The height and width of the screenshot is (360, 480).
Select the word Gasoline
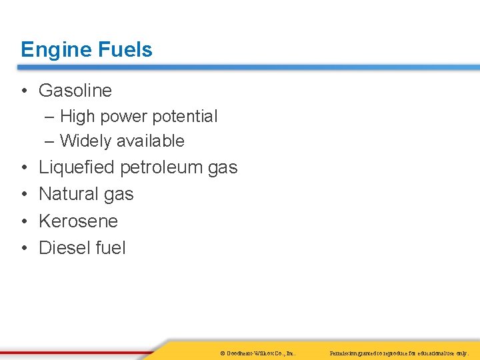point(75,90)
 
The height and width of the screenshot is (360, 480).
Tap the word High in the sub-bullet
point(77,117)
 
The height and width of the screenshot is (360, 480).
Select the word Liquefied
point(77,167)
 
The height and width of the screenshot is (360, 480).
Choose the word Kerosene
point(78,221)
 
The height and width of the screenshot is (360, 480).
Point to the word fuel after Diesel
point(111,248)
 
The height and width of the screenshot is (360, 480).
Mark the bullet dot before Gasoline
point(24,91)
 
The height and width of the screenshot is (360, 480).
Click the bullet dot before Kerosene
point(24,221)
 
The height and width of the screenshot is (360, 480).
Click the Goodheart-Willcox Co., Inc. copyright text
point(257,352)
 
